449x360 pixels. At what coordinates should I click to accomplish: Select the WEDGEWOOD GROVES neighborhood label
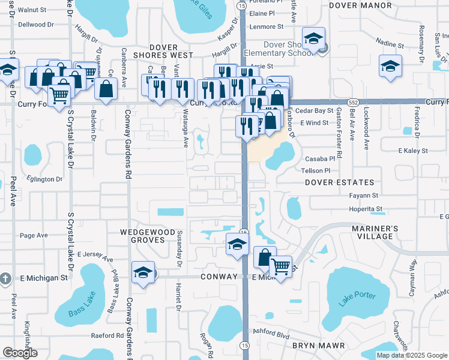(x=142, y=235)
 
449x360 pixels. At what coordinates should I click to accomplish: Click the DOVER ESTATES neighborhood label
(x=339, y=182)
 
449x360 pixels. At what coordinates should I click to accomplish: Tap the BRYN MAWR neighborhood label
(x=318, y=346)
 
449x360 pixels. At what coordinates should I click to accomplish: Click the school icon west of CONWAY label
(x=143, y=272)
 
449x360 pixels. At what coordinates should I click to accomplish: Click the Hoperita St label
(x=366, y=209)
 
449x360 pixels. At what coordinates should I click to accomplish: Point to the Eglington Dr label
(x=45, y=179)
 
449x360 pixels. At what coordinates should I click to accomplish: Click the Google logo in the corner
(x=19, y=353)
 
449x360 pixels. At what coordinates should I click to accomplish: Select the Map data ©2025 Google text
(x=411, y=355)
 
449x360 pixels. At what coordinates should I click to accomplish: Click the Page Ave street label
(x=34, y=235)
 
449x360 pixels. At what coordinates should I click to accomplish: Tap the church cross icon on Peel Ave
(x=5, y=278)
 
